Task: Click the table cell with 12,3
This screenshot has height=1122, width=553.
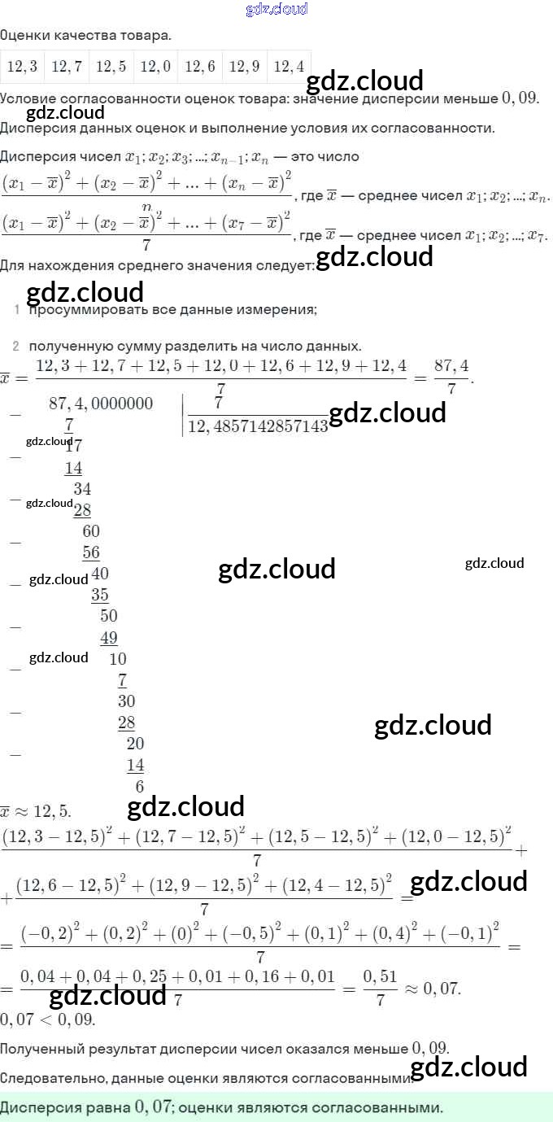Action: (22, 67)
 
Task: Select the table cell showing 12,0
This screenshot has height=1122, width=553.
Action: (155, 67)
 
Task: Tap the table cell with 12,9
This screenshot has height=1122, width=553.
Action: (244, 67)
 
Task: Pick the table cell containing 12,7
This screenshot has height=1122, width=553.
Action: (67, 67)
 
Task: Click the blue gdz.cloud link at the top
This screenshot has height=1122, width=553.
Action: (276, 9)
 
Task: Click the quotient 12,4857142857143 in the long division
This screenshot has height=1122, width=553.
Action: (258, 426)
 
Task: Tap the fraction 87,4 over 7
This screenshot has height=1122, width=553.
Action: (452, 377)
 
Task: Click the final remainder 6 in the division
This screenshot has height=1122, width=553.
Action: (139, 786)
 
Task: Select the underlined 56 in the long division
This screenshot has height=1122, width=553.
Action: (91, 552)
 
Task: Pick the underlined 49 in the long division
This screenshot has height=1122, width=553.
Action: (109, 638)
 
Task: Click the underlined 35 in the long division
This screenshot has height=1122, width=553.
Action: (100, 595)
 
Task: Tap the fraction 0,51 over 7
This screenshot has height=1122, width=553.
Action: (380, 989)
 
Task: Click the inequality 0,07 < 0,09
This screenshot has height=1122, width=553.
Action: (48, 1019)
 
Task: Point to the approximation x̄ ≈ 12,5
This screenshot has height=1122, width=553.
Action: (36, 811)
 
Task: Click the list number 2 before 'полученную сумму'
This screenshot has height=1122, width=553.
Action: (15, 346)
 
